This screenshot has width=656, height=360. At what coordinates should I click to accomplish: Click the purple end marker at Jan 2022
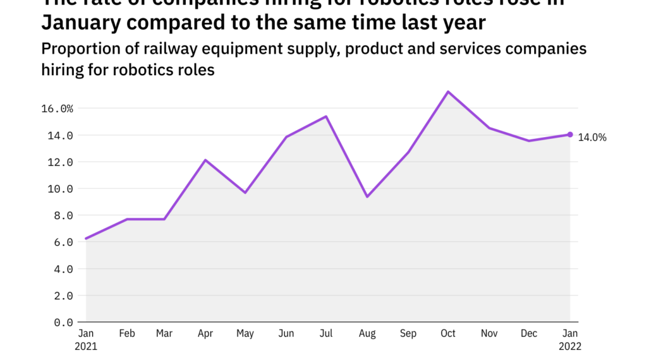tap(570, 135)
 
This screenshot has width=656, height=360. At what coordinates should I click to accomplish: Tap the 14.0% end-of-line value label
tap(592, 138)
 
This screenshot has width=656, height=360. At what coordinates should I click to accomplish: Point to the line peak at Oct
tap(448, 92)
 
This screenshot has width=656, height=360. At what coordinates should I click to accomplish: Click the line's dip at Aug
tap(367, 196)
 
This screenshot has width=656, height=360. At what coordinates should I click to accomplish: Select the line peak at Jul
tap(326, 116)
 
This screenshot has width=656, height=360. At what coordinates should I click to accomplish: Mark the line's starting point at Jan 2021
tap(86, 239)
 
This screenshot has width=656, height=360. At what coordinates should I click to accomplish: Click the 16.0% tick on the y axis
tap(57, 109)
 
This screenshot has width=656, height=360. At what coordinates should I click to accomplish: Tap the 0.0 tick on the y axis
tap(63, 322)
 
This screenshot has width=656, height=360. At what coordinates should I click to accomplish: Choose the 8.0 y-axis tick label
tap(63, 215)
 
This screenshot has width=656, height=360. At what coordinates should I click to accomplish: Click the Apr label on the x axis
tap(205, 333)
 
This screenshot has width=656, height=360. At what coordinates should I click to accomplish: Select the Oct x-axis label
tap(448, 333)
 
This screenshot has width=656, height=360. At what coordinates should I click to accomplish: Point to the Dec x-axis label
tap(530, 333)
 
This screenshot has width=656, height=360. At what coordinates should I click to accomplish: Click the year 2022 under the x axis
tap(570, 346)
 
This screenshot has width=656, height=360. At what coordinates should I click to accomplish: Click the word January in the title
tap(83, 23)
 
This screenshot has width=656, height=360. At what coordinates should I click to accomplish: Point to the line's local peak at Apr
tap(205, 160)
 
